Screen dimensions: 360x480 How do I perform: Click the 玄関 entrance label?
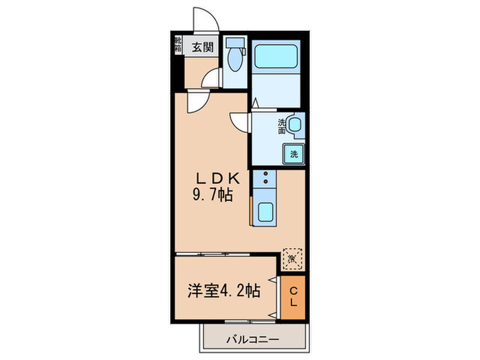pos(202,47)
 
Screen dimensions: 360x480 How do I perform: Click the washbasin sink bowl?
pos(294,125)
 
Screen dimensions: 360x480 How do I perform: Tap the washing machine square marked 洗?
pos(293,154)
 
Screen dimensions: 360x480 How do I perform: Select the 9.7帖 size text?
pos(212,196)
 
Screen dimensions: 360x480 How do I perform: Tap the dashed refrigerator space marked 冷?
pos(292,260)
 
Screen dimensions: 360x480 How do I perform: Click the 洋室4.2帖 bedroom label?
pos(224,290)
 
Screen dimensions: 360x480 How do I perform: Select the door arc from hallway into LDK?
pos(197,103)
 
